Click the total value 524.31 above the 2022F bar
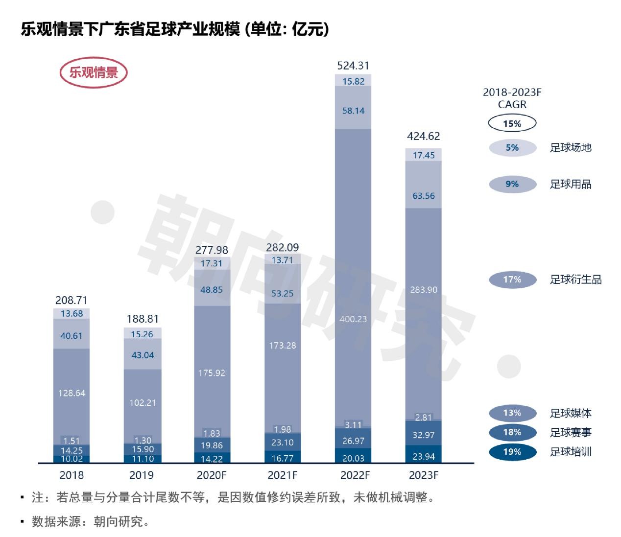(x=353, y=66)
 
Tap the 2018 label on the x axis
(x=72, y=475)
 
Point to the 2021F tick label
(x=283, y=475)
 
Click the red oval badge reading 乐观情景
(x=94, y=73)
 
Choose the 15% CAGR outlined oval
(x=512, y=123)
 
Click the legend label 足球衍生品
(x=575, y=280)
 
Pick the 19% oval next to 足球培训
(x=512, y=452)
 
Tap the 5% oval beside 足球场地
(x=512, y=147)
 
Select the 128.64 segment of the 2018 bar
(x=72, y=393)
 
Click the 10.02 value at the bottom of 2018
(x=72, y=459)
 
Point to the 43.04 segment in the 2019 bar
(x=143, y=355)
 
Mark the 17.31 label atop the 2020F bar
(x=212, y=263)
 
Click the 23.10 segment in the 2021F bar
(x=283, y=443)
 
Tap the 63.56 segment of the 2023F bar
(x=424, y=196)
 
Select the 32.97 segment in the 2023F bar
(x=424, y=435)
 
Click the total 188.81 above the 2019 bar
(x=143, y=319)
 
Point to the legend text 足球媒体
(x=571, y=413)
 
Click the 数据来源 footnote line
(x=91, y=522)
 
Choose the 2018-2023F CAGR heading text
(x=512, y=98)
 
